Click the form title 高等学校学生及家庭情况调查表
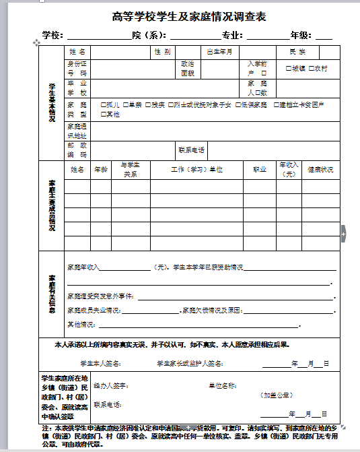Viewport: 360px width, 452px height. click(180, 17)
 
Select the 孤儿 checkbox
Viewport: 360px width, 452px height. click(103, 104)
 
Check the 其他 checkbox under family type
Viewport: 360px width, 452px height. click(103, 114)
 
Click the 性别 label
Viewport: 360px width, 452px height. click(162, 52)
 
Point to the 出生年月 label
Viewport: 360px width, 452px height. click(219, 52)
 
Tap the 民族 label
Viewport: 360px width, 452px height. click(297, 52)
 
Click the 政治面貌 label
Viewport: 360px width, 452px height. click(188, 68)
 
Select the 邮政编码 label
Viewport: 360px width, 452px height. click(77, 150)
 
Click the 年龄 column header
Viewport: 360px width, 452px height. click(101, 170)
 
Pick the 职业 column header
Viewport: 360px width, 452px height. click(259, 170)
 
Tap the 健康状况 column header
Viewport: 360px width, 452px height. click(320, 170)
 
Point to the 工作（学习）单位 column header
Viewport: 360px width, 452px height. click(196, 170)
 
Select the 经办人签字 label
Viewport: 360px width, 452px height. click(110, 386)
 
